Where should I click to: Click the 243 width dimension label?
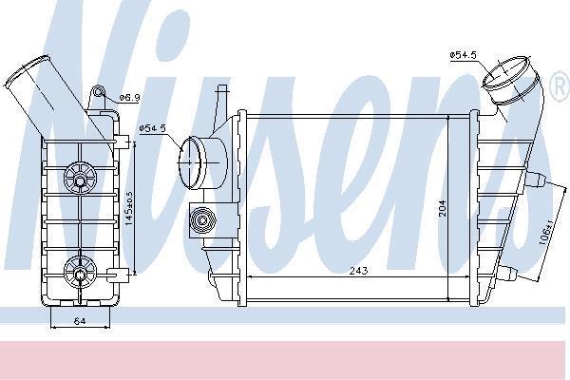coord(358,271)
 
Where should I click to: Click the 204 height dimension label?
coord(443,208)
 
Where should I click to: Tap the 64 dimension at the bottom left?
coord(80,321)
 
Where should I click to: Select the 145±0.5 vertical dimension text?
coord(129,209)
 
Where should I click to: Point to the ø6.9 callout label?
coord(130,98)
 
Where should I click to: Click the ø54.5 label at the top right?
coord(464,55)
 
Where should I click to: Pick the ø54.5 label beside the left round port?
coord(153,128)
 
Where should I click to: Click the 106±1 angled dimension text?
coord(545,232)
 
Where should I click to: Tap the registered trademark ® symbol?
coord(560,86)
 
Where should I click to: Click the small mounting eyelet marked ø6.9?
coord(98,91)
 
